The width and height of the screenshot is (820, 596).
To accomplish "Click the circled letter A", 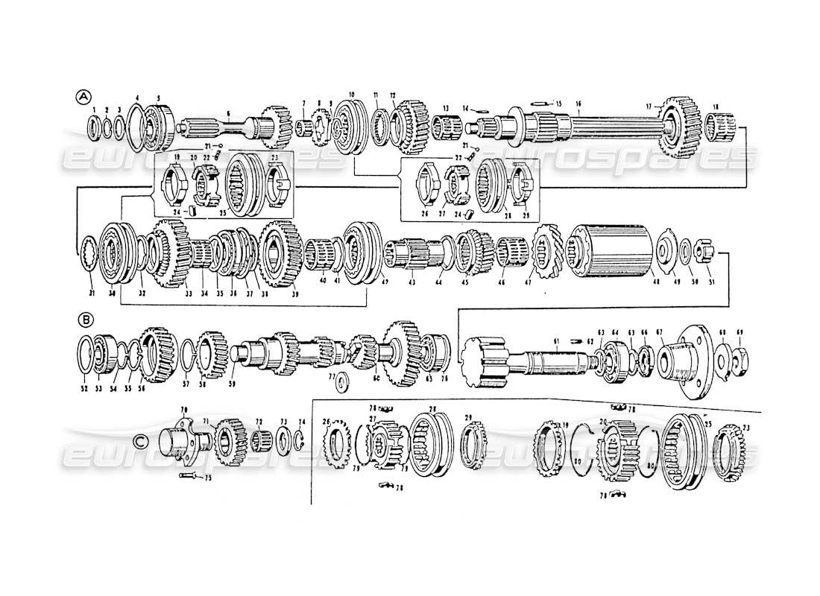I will (x=83, y=96).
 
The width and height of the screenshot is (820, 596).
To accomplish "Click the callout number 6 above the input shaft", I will (x=228, y=112).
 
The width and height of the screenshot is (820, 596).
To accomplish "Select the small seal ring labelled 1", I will (x=95, y=128).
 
